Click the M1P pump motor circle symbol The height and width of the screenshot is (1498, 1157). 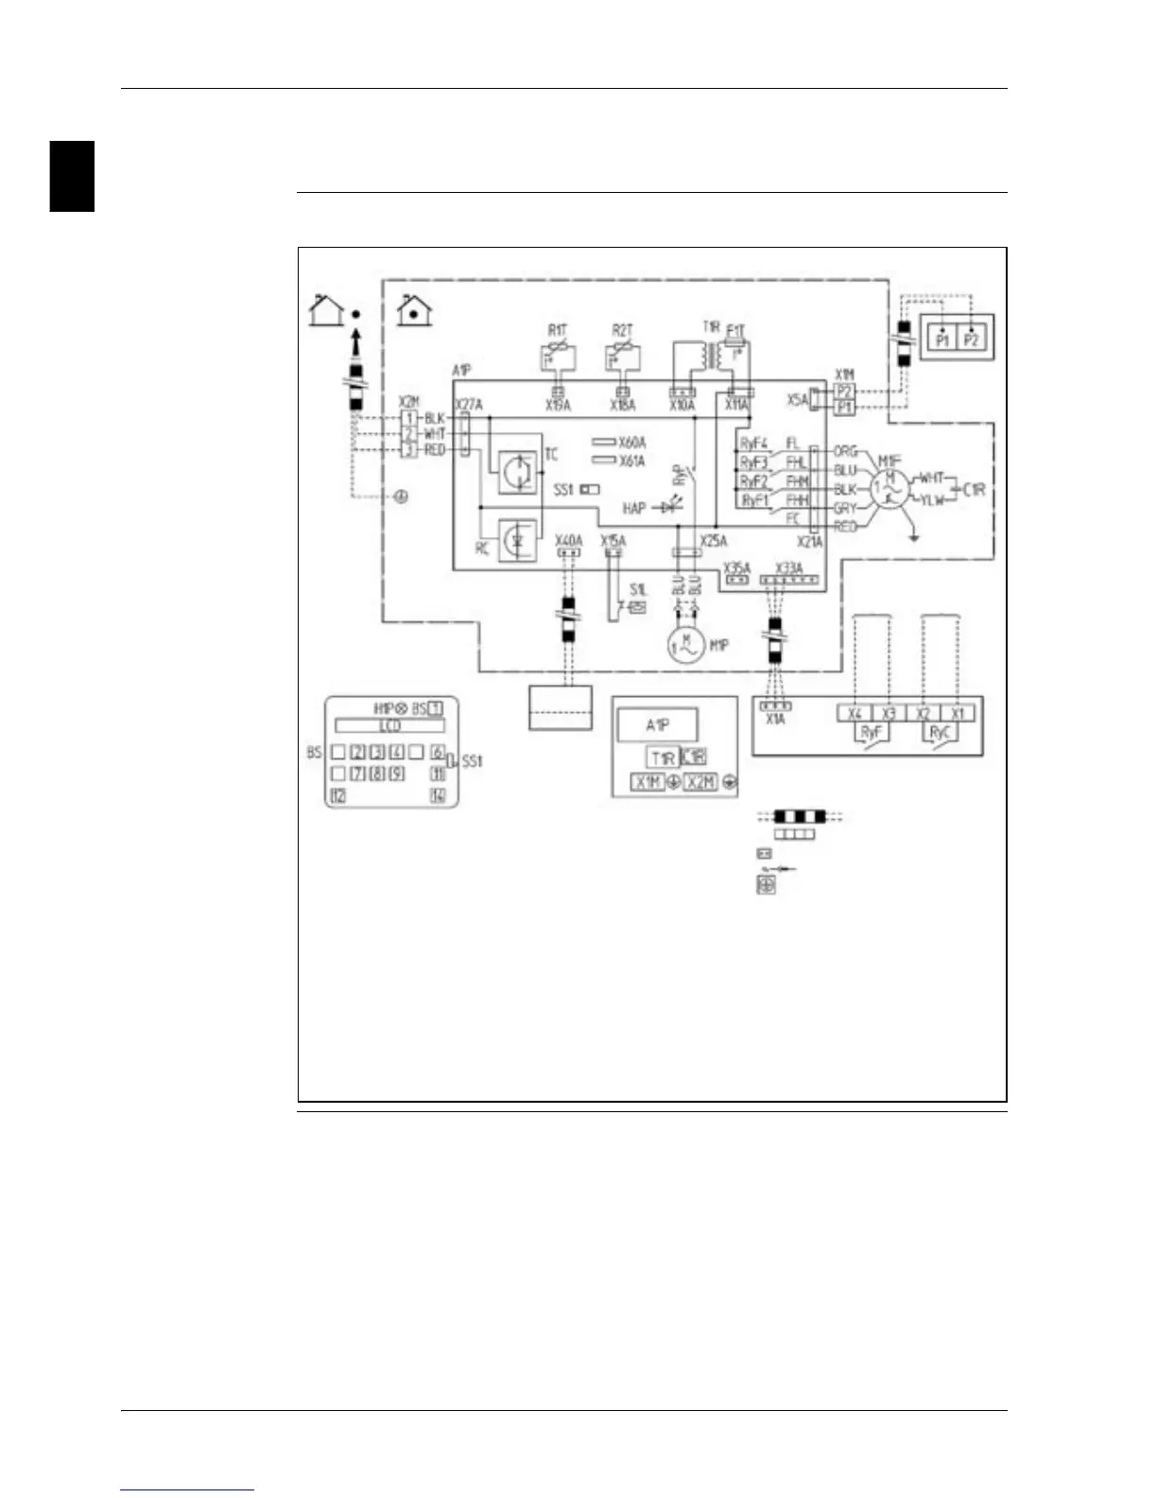click(686, 645)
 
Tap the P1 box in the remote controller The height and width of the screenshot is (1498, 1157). click(942, 340)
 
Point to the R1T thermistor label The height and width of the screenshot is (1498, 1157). click(558, 330)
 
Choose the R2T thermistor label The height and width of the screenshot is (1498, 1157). click(622, 330)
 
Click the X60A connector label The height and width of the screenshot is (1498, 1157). click(631, 443)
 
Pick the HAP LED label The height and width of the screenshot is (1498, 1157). click(633, 509)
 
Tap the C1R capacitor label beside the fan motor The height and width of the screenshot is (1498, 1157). click(975, 490)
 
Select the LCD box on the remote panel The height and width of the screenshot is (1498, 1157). click(389, 725)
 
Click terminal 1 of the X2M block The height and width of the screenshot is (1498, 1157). click(409, 418)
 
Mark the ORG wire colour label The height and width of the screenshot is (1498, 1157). click(845, 451)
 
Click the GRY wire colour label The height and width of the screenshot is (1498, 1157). click(844, 509)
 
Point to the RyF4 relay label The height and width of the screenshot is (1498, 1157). click(753, 443)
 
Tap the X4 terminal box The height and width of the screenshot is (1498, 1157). click(855, 713)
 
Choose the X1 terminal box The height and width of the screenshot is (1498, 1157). click(958, 713)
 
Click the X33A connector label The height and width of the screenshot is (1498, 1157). click(788, 568)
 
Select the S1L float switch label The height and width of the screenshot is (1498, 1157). click(638, 590)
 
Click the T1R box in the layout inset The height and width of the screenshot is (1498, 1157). click(663, 758)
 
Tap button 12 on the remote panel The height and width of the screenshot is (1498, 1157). click(338, 795)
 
